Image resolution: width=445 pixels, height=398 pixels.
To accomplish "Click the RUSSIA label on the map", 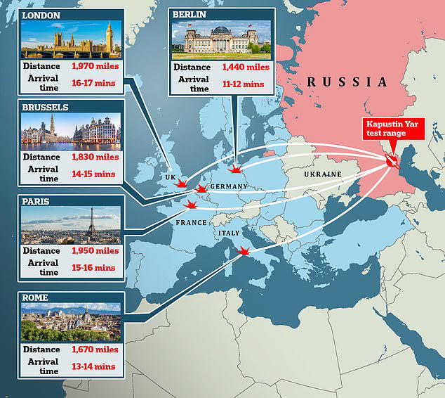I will (x=347, y=83).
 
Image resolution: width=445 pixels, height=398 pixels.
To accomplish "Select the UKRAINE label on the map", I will (x=322, y=174).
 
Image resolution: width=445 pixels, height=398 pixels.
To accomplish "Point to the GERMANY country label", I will (x=229, y=186).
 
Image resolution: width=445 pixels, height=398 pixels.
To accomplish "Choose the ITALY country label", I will (x=230, y=233).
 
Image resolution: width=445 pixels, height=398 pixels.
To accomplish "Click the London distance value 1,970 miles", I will (x=95, y=66).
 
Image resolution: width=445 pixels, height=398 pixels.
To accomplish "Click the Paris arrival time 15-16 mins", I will (x=95, y=267).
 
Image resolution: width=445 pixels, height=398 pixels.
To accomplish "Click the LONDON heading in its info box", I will (x=40, y=15).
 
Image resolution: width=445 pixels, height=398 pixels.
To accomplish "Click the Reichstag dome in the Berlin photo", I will (x=221, y=32).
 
